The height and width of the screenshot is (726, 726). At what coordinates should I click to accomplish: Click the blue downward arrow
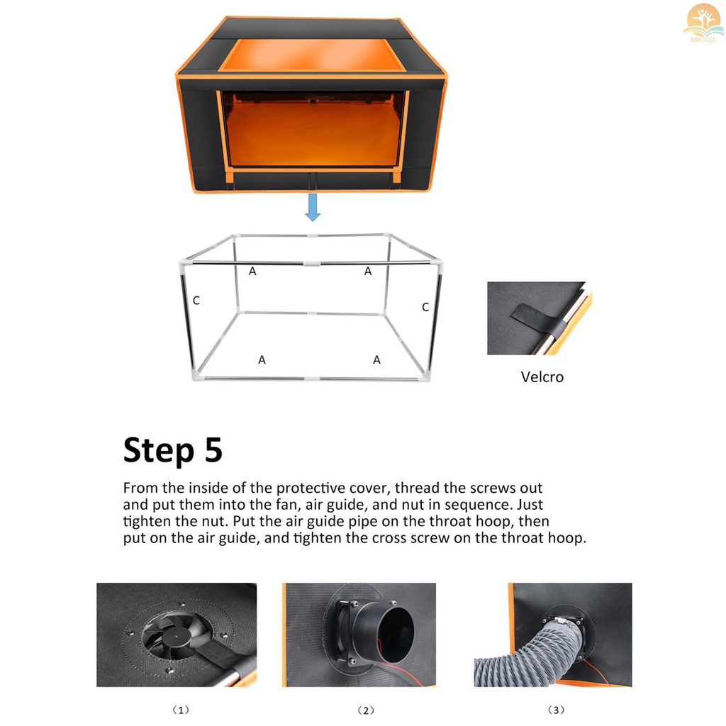click(x=313, y=207)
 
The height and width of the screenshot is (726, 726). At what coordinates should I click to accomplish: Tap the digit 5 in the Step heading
click(x=214, y=449)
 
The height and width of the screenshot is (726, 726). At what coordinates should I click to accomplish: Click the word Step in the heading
click(x=159, y=450)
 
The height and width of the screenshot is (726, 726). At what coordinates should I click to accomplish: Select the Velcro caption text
click(x=542, y=377)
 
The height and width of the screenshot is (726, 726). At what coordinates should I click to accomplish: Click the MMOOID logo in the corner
click(x=703, y=23)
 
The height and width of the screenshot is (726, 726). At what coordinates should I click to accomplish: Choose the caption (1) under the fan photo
click(x=181, y=710)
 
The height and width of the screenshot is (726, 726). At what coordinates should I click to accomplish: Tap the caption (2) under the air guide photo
click(x=366, y=710)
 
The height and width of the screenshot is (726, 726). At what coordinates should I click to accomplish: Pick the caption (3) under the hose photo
click(x=556, y=710)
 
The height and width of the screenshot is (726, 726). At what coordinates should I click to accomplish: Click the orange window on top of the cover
click(x=312, y=55)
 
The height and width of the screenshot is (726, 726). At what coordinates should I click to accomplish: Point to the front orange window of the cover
click(x=312, y=130)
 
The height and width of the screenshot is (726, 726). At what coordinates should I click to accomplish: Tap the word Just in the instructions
click(x=530, y=504)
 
